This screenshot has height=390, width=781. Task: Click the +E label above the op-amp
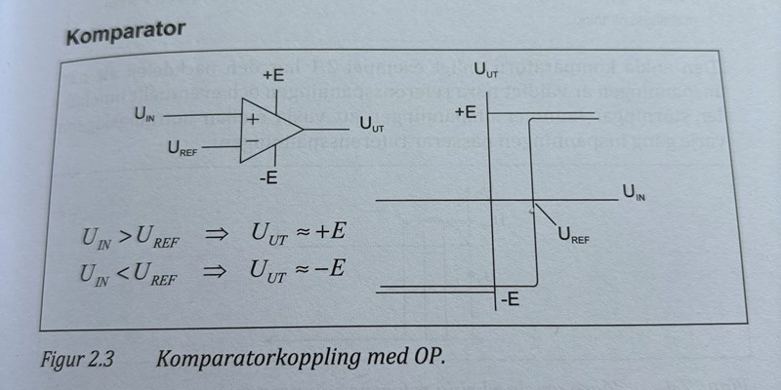274,75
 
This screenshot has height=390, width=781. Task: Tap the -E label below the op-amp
269,177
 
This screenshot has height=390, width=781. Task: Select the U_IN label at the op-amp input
144,116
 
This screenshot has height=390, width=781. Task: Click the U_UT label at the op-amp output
371,126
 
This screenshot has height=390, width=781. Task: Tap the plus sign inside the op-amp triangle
252,120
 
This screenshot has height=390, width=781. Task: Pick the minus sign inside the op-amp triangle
252,140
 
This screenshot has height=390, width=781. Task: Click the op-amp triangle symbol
267,131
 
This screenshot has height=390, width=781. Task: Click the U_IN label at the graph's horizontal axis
634,192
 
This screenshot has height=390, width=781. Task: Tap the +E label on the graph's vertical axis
466,112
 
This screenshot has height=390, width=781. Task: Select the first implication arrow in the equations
212,235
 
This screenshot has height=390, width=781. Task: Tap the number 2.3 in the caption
102,357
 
